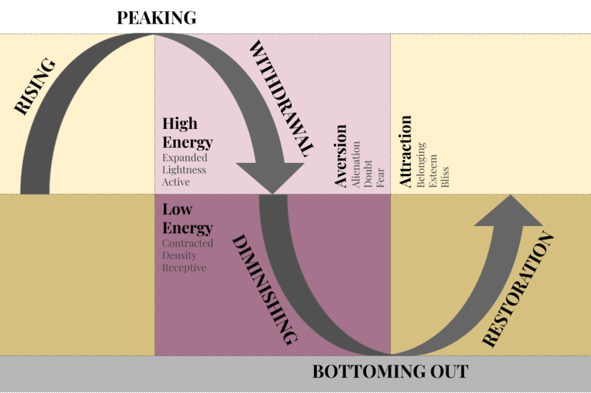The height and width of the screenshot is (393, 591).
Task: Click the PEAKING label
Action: [156, 18]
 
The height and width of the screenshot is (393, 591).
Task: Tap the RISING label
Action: [34, 87]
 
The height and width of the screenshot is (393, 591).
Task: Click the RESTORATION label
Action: [518, 289]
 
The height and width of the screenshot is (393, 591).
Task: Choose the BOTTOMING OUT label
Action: [391, 372]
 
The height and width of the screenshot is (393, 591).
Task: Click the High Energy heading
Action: [187, 132]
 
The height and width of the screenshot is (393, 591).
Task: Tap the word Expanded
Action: [185, 157]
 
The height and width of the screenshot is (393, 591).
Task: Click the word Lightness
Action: [184, 169]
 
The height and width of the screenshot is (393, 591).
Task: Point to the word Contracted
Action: [188, 243]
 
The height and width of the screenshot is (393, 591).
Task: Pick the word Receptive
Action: [184, 267]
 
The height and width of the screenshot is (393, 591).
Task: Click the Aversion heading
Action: [341, 156]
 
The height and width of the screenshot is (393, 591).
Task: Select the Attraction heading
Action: [406, 151]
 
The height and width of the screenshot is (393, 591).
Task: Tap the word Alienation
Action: [356, 164]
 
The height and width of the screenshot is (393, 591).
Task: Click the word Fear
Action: [381, 177]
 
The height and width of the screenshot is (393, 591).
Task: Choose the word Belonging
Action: [421, 164]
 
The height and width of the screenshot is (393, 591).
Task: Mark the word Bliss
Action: [445, 177]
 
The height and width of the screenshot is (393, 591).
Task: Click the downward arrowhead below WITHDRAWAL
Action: [270, 177]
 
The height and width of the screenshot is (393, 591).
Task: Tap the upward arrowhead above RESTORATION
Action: [509, 211]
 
